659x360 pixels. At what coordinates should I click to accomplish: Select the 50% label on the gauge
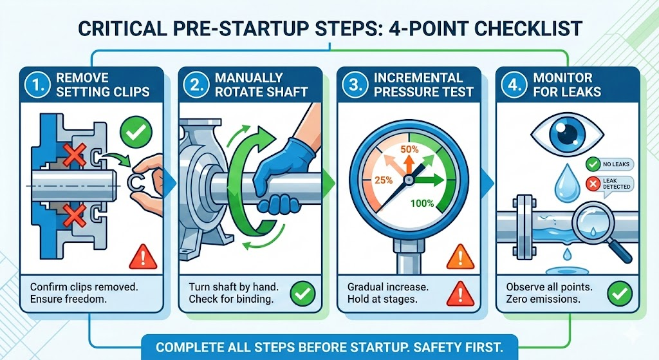409,149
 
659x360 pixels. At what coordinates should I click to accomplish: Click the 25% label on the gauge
384,180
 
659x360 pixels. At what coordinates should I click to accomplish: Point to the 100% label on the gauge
422,204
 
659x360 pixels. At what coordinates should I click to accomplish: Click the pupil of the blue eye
567,133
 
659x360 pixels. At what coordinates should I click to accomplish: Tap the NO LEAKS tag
610,164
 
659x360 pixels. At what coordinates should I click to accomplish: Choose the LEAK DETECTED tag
610,184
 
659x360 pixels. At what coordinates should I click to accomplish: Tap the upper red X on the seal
75,155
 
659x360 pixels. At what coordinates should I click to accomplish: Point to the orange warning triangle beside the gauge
460,257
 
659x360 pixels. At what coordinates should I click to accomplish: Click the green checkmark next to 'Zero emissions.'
620,293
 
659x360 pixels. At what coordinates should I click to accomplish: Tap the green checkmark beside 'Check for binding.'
302,293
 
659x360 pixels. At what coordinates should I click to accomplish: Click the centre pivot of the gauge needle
409,180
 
